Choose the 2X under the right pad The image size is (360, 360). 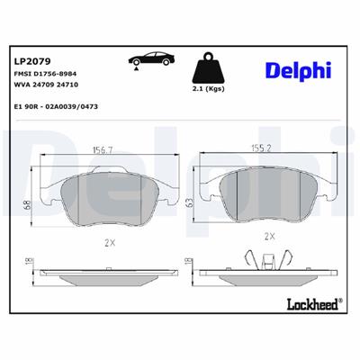coord(267,237)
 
